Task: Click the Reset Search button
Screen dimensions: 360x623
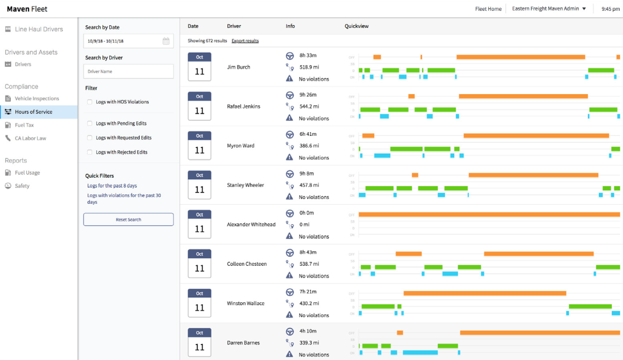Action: (128, 219)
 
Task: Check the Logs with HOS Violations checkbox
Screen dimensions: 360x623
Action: (90, 102)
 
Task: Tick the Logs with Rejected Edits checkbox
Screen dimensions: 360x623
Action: (90, 152)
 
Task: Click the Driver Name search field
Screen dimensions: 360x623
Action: (128, 71)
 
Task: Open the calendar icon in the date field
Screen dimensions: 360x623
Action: (166, 41)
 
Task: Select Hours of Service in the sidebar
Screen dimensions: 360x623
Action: (33, 112)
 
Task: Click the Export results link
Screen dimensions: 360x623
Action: (245, 41)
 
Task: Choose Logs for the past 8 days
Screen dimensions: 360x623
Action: (112, 186)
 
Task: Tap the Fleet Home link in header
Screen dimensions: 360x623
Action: (488, 9)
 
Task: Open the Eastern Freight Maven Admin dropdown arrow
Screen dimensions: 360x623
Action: (584, 9)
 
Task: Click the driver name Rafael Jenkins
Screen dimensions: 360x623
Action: (244, 106)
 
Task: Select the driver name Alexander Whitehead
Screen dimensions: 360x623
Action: (251, 225)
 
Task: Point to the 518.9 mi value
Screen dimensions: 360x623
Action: (309, 67)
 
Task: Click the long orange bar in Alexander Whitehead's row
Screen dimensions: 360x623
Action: (489, 215)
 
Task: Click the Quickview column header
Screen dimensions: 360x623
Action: (356, 26)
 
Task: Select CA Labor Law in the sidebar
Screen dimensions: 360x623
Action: (31, 138)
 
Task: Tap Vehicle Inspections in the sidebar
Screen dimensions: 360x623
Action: (37, 98)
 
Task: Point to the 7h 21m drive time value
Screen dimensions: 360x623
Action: (308, 292)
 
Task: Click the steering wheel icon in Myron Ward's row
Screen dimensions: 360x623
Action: (290, 134)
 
